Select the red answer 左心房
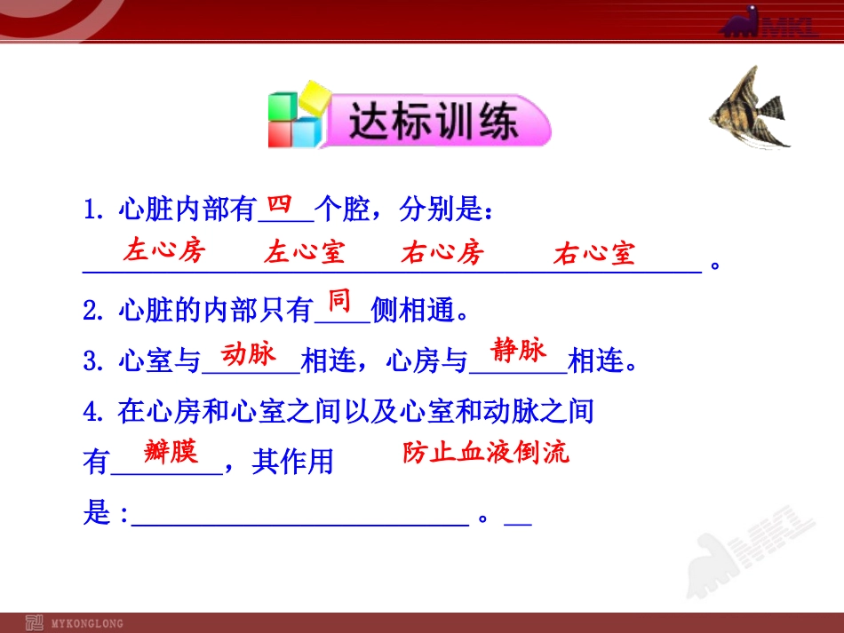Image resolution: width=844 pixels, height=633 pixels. click(x=164, y=250)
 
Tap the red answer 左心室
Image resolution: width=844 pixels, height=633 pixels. click(x=304, y=252)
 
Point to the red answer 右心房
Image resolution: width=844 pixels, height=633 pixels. click(x=442, y=252)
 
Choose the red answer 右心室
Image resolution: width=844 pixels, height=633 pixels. click(x=594, y=254)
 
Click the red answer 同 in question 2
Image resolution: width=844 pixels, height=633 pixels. click(x=340, y=301)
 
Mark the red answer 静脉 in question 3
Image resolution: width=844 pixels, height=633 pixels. click(x=518, y=351)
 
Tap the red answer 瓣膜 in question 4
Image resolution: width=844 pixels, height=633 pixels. click(x=171, y=453)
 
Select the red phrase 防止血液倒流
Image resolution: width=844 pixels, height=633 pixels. click(x=485, y=453)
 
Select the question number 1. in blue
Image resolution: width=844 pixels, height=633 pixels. click(x=93, y=211)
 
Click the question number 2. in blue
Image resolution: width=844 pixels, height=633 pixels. click(x=93, y=311)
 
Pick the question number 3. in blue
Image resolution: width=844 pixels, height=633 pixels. click(x=93, y=361)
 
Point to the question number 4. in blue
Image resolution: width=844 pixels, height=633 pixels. click(x=93, y=411)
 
